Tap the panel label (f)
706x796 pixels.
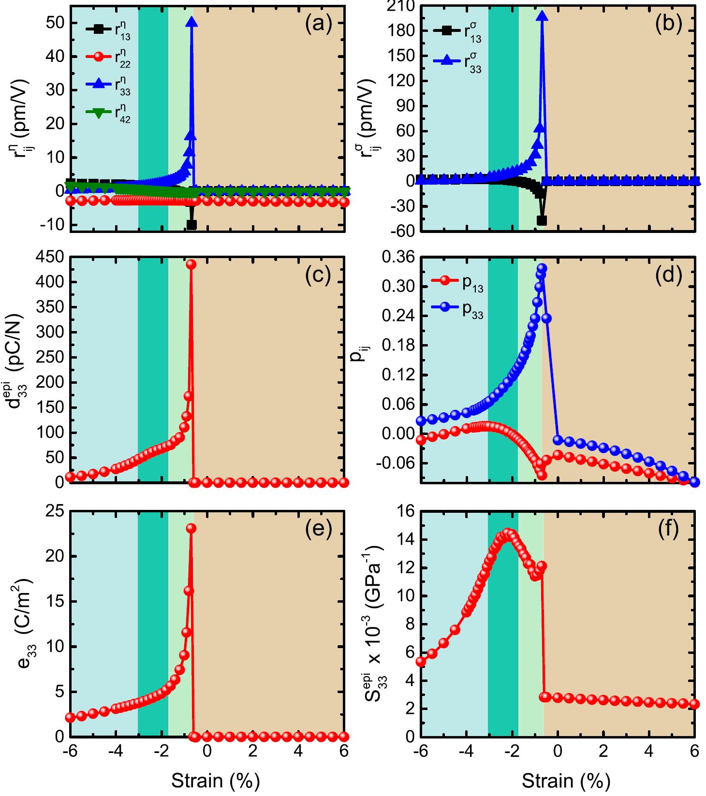(x=668, y=530)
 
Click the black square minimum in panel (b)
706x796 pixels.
(x=542, y=220)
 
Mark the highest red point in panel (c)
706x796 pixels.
(x=191, y=264)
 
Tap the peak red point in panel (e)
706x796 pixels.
(x=191, y=528)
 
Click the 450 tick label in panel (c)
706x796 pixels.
(x=50, y=257)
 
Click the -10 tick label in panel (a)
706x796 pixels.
(x=50, y=225)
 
